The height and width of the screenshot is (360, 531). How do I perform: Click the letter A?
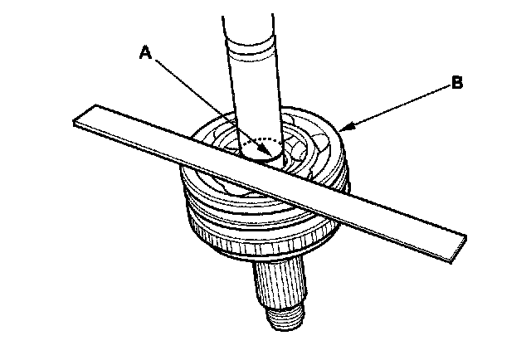click(145, 53)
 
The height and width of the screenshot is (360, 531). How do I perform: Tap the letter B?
click(456, 82)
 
